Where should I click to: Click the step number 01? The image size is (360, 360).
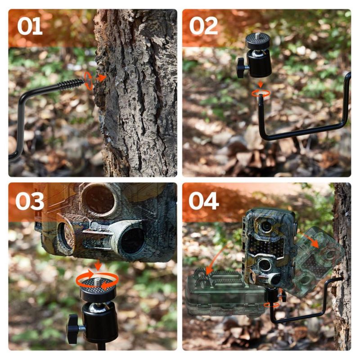[x=30, y=27]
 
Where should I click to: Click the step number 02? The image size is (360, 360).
[x=203, y=26]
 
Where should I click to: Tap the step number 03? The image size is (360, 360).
[x=30, y=201]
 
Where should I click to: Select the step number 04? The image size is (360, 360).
[x=204, y=201]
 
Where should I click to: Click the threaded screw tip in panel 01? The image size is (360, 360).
[x=71, y=85]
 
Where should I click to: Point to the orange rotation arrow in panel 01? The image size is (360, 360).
[x=89, y=81]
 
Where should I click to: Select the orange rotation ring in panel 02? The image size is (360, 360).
[x=261, y=93]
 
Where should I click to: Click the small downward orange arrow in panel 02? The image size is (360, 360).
[x=260, y=84]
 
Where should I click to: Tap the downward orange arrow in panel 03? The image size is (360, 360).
[x=98, y=265]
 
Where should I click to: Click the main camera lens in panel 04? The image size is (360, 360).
[x=266, y=226]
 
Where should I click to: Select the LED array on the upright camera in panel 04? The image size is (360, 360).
[x=266, y=246]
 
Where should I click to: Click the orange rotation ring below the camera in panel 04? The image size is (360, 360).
[x=272, y=305]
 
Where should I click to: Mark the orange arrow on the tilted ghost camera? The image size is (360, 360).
[x=312, y=241]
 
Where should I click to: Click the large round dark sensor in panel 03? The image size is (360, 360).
[x=133, y=241]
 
